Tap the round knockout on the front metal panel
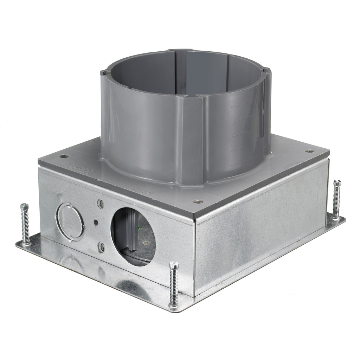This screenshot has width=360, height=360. (x=69, y=222)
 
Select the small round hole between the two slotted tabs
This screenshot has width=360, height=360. (x=96, y=222)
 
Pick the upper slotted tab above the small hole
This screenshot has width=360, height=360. (x=101, y=204)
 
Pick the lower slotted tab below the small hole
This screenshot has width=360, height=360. (x=101, y=247)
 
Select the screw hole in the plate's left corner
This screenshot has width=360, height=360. (x=64, y=156)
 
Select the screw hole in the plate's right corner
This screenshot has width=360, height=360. (x=309, y=151)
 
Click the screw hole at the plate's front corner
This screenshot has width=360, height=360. (x=198, y=202)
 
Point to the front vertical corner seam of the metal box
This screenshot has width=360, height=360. (x=195, y=257)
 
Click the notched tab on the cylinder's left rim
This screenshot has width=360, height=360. (x=104, y=73)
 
